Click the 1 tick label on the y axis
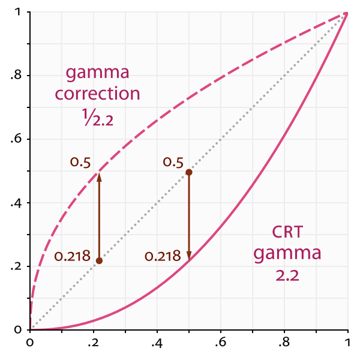[20, 13]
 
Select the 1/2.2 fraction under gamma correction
[98, 116]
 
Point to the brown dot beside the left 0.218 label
[99, 260]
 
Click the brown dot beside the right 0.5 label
[189, 172]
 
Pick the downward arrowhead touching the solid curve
[189, 255]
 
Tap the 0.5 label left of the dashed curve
[81, 163]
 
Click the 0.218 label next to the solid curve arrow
[163, 257]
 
